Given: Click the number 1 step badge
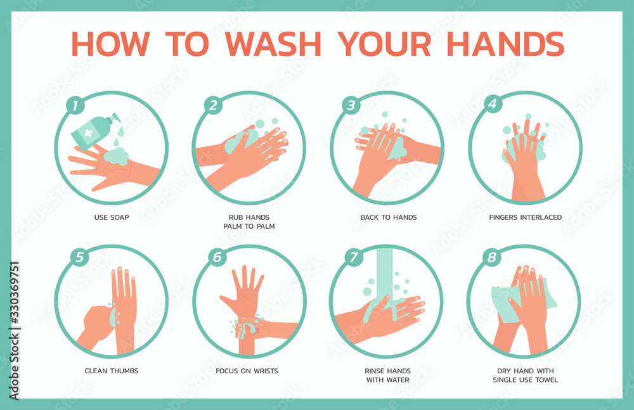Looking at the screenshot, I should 75,106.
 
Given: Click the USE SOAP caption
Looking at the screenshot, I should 111,217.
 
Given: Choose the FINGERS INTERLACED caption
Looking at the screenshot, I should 525,217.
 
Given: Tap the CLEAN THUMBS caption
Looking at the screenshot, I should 111,371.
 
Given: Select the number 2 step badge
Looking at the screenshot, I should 214,106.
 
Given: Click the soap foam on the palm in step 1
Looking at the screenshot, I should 117,156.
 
